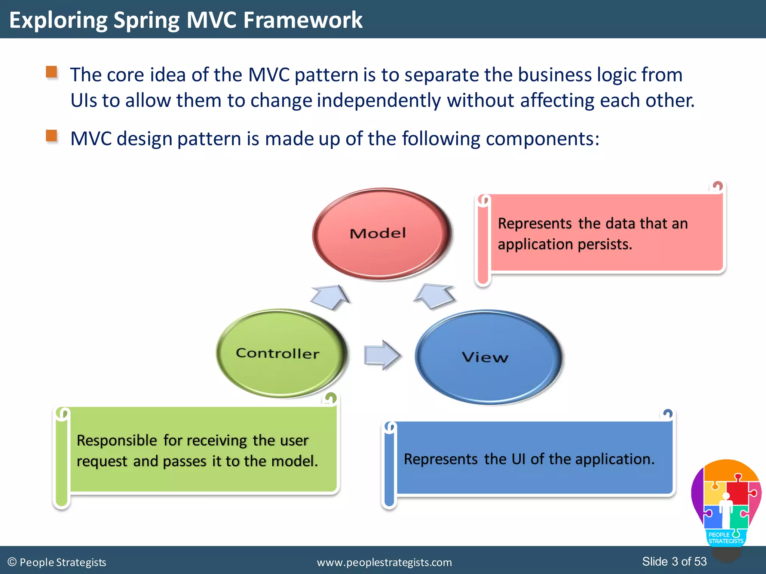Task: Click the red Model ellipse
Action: point(382,234)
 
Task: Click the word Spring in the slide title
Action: point(146,20)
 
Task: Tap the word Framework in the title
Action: point(303,20)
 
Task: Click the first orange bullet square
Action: point(52,72)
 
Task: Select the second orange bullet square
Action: point(52,136)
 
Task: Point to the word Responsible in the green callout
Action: point(117,441)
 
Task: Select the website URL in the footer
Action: point(384,562)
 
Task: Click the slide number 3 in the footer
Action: point(675,561)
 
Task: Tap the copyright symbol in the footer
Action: point(12,562)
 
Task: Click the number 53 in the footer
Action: point(700,561)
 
